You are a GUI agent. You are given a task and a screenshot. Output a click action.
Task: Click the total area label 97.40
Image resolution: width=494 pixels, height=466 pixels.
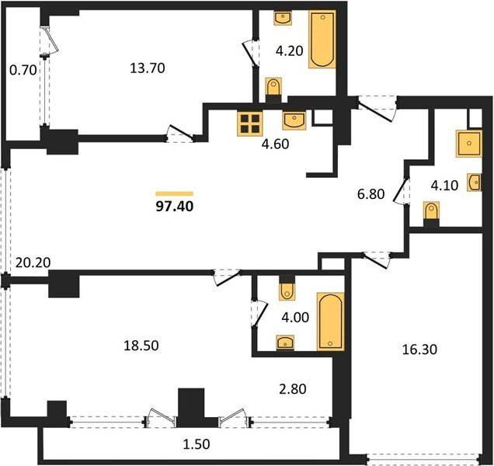click(x=175, y=207)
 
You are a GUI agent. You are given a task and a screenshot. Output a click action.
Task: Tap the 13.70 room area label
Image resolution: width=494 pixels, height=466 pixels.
click(x=148, y=68)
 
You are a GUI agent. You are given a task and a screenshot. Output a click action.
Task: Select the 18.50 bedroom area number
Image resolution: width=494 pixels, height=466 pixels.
click(x=141, y=346)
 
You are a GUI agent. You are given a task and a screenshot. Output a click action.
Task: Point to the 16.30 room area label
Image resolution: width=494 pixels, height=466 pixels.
click(x=419, y=349)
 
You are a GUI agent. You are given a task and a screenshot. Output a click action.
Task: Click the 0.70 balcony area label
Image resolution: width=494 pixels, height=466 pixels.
click(x=23, y=70)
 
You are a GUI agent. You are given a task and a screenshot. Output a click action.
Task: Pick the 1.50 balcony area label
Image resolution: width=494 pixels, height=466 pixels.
click(x=196, y=444)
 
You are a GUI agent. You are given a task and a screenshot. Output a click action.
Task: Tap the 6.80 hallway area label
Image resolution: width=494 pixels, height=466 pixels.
click(x=370, y=193)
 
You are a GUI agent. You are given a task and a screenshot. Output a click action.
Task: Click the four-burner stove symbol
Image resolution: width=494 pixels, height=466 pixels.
click(x=250, y=123)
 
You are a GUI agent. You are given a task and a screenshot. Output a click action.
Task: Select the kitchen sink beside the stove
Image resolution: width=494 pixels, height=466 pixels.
click(x=294, y=120)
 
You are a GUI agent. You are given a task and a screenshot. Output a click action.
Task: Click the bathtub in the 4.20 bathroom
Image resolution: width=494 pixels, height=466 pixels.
click(x=322, y=39)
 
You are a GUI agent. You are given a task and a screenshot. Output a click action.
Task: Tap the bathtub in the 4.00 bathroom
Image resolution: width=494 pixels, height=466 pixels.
click(x=330, y=322)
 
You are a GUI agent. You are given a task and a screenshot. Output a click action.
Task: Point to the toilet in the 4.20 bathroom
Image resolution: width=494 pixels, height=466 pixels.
click(x=273, y=88)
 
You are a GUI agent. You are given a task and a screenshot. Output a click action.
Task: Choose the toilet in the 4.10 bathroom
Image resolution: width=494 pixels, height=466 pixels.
click(x=431, y=212)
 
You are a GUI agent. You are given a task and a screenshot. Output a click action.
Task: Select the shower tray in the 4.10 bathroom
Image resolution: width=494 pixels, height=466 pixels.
click(x=469, y=144)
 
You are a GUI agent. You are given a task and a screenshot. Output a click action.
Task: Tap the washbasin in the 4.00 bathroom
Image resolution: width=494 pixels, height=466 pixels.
click(x=285, y=343)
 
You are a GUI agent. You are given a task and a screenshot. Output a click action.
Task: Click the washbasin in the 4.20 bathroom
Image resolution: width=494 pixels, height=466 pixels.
click(x=282, y=18)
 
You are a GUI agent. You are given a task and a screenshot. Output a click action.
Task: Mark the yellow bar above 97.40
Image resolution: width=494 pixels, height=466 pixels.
click(x=175, y=193)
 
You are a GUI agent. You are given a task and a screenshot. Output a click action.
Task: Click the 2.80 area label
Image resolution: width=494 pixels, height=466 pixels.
click(x=293, y=389)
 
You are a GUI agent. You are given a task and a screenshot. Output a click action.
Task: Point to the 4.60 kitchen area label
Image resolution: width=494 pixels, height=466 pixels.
click(x=276, y=144)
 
